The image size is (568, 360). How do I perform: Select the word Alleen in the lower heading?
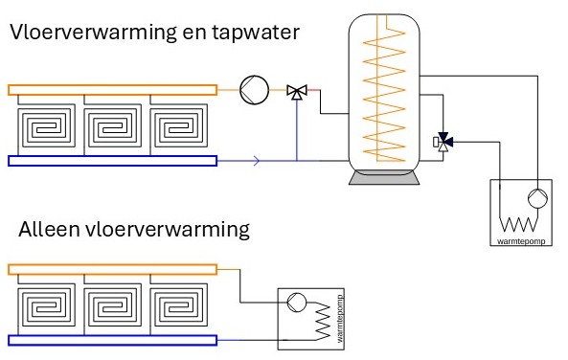click(47, 230)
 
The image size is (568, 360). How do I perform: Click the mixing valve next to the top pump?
click(298, 92)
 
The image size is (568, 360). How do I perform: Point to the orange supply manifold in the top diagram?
click(113, 90)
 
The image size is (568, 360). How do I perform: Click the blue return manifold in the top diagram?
click(113, 161)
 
